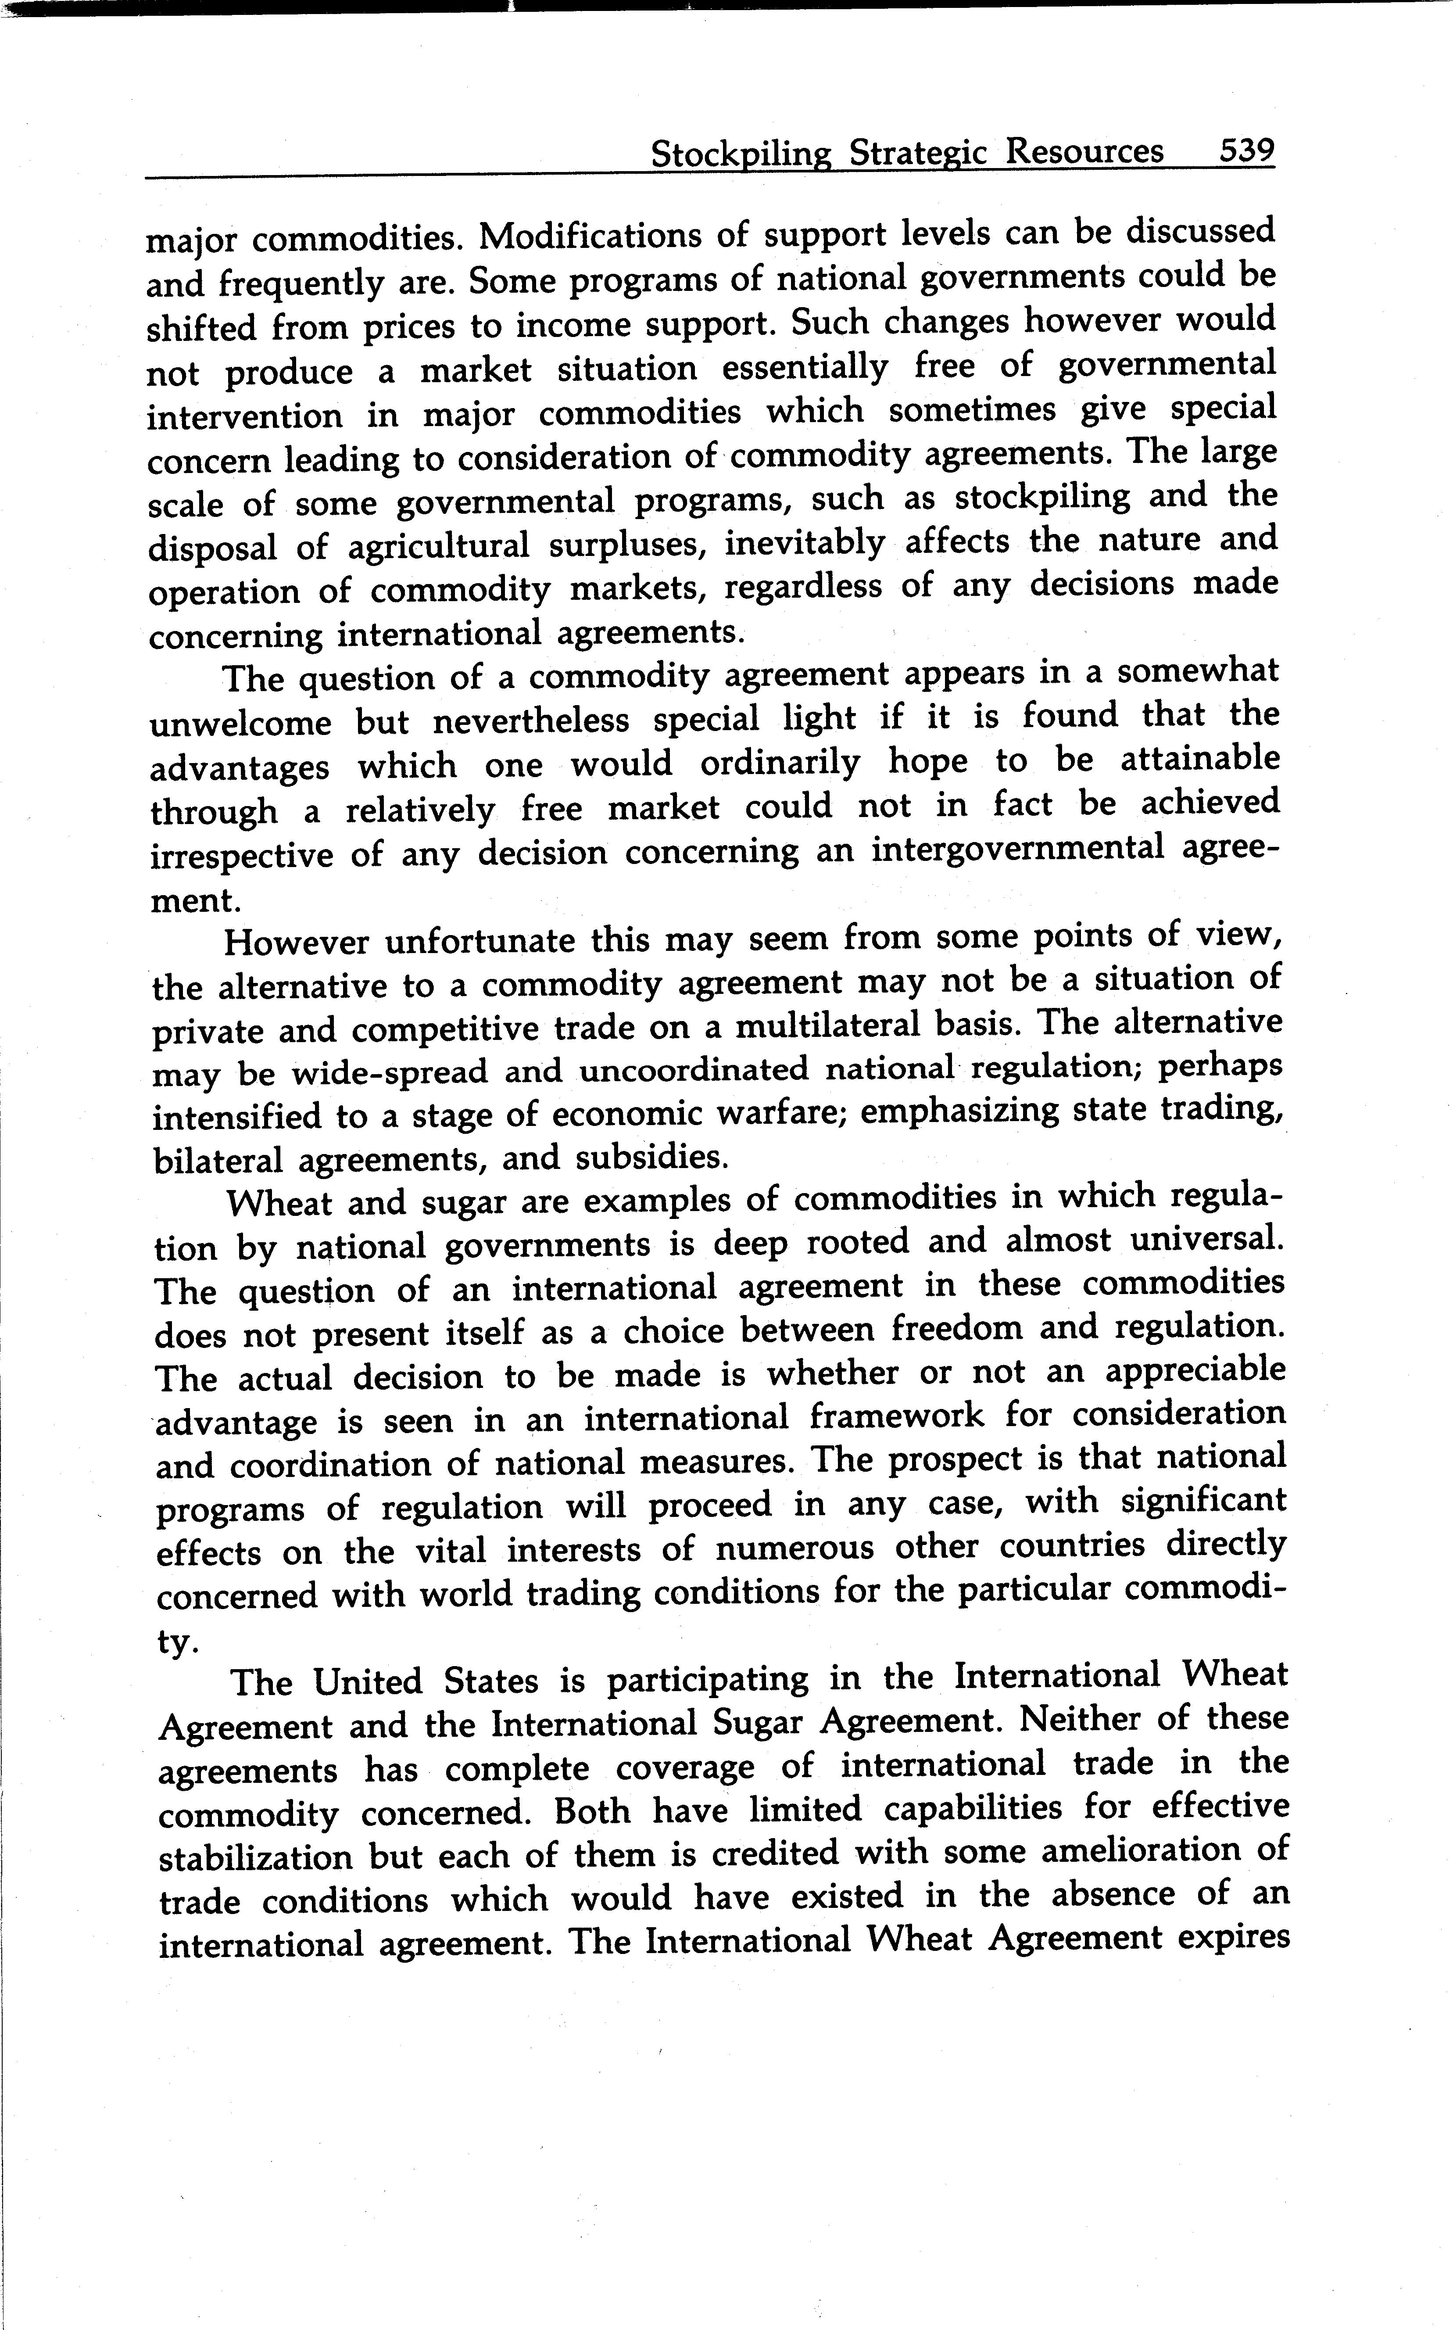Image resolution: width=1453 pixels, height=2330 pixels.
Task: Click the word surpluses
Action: pyautogui.click(x=629, y=545)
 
